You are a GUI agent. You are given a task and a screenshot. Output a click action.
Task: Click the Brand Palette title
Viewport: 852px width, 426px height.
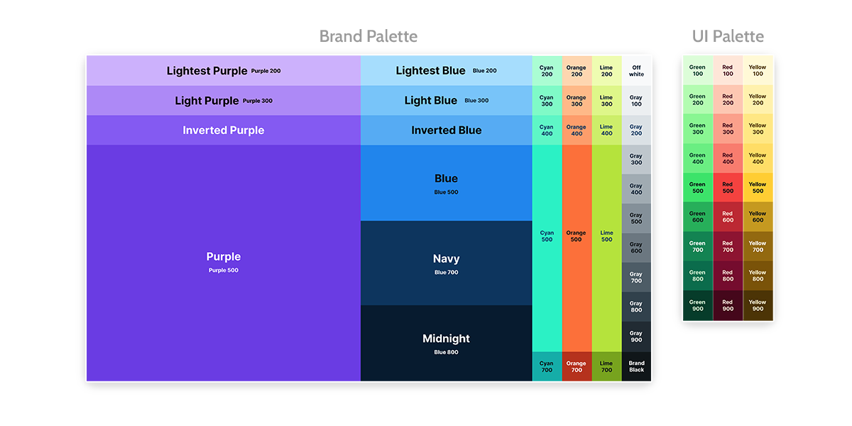coord(368,36)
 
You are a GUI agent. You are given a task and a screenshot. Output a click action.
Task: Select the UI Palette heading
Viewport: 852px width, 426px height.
coord(728,36)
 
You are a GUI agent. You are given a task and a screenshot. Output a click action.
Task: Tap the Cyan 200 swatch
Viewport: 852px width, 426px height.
coord(547,71)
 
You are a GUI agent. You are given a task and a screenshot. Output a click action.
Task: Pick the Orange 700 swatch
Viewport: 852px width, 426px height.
coord(577,366)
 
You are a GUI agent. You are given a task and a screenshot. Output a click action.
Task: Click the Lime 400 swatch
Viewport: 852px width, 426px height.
coord(606,130)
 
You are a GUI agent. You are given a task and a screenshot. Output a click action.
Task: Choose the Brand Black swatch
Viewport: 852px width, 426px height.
coord(636,366)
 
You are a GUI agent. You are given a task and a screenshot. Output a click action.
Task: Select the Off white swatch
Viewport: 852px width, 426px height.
coord(636,71)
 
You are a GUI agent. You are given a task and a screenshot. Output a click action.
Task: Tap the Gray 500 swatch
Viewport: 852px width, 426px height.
coord(636,219)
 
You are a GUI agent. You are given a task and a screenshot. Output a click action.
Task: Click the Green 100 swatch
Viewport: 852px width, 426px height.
coord(698,70)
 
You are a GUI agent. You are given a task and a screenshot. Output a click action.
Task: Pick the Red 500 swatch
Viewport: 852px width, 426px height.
coord(728,187)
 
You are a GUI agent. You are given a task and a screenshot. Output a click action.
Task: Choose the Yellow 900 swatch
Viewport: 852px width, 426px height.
coord(758,305)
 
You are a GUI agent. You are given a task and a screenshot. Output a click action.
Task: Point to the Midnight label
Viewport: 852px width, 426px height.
coord(446,339)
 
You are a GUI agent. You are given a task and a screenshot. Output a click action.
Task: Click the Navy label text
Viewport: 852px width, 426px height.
coord(446,259)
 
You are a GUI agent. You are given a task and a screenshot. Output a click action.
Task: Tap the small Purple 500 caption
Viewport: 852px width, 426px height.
coord(223,271)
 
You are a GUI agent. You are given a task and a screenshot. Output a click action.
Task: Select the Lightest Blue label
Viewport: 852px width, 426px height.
coord(430,70)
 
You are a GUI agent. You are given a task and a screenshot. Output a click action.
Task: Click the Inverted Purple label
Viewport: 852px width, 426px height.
coord(223,130)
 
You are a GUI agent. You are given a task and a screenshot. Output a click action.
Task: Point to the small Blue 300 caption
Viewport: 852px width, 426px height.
coord(476,101)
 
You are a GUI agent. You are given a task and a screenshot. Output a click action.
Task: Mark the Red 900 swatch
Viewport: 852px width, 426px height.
coord(728,305)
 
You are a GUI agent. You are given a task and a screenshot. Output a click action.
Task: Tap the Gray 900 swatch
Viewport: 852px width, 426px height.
coord(636,336)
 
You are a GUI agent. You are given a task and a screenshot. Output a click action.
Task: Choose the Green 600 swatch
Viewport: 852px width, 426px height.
coord(698,217)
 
